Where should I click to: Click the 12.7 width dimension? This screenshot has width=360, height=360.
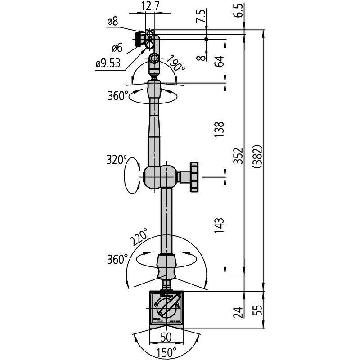pyautogui.click(x=149, y=7)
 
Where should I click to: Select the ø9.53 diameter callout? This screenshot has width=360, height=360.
pyautogui.click(x=108, y=63)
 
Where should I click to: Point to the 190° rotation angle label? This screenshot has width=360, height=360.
pyautogui.click(x=176, y=64)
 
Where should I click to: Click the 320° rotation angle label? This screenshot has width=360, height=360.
pyautogui.click(x=116, y=160)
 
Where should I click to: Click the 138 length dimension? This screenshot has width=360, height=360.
pyautogui.click(x=219, y=130)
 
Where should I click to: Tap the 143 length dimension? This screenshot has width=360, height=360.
pyautogui.click(x=219, y=225)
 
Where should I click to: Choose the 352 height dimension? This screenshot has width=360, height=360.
pyautogui.click(x=239, y=156)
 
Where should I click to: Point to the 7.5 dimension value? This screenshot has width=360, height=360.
pyautogui.click(x=202, y=16)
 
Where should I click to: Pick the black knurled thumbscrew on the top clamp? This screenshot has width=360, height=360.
pyautogui.click(x=137, y=39)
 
